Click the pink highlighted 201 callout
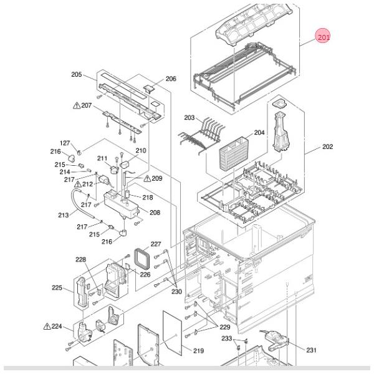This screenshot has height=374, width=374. tap(322, 36)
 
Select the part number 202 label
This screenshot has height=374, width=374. tap(327, 146)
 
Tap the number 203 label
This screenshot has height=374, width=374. tap(189, 118)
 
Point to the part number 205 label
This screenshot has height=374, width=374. tap(76, 74)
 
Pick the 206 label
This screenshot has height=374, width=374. tap(171, 79)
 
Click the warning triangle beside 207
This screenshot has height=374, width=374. tap(77, 105)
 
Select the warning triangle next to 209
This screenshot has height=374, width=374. tap(147, 178)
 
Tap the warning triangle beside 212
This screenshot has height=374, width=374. tap(78, 184)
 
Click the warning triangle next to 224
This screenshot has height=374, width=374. tap(47, 326)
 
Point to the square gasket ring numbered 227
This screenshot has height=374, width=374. tap(142, 258)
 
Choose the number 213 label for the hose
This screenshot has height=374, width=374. tap(63, 215)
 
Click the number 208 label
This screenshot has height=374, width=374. tap(155, 213)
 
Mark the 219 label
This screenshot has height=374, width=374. tap(198, 350)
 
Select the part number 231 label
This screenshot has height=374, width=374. tap(311, 350)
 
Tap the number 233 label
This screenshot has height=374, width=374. tap(227, 338)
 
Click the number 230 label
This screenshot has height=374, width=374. tap(176, 292)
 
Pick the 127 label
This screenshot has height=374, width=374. tap(65, 143)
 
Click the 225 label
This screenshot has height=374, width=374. tap(57, 287)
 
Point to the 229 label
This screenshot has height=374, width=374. tap(224, 327)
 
